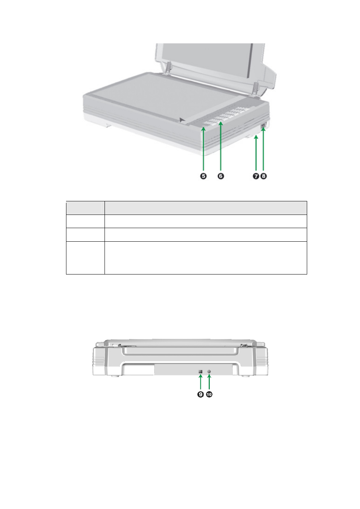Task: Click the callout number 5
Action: pos(203,176)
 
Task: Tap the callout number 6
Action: pos(221,176)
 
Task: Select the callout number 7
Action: pos(256,176)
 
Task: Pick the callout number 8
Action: pos(263,176)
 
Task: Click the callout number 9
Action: pos(200,394)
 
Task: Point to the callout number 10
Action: pos(209,394)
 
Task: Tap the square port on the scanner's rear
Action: pos(200,371)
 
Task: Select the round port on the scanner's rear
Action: pos(209,371)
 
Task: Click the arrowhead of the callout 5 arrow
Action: pos(203,129)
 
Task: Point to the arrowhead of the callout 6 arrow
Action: pos(221,123)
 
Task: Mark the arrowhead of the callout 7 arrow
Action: pos(256,136)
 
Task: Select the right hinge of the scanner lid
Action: pos(255,89)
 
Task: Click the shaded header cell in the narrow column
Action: pos(85,208)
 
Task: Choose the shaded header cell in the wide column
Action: pos(206,208)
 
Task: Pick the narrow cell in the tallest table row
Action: pos(85,258)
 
